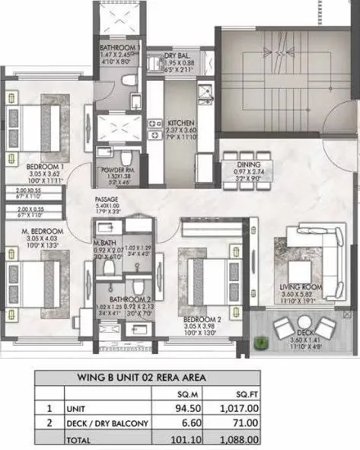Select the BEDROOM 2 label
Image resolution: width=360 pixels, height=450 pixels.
pos(204,314)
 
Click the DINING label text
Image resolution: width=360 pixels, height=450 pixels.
pos(249,164)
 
